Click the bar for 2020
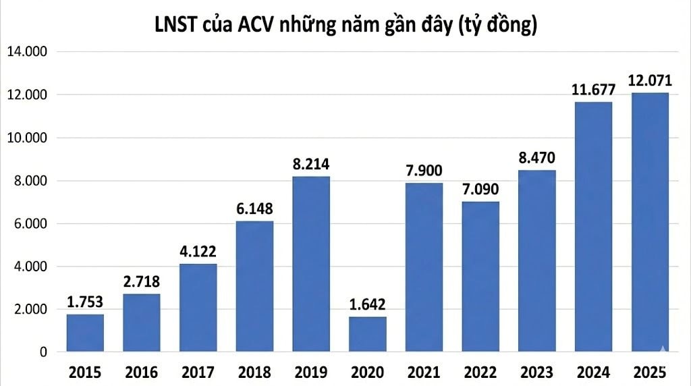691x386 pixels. (368, 335)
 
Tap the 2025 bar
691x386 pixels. (650, 223)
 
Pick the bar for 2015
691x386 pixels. (85, 333)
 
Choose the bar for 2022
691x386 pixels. (480, 277)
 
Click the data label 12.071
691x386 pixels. (650, 81)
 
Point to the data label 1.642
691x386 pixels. (368, 304)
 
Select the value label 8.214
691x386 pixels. (311, 164)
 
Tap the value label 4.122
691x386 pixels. (198, 252)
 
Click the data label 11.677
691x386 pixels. (593, 90)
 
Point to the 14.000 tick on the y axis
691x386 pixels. (25, 52)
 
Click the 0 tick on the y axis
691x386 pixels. (42, 352)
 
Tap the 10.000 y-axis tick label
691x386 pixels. (25, 138)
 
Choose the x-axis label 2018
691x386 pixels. (254, 372)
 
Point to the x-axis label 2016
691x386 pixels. (141, 372)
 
